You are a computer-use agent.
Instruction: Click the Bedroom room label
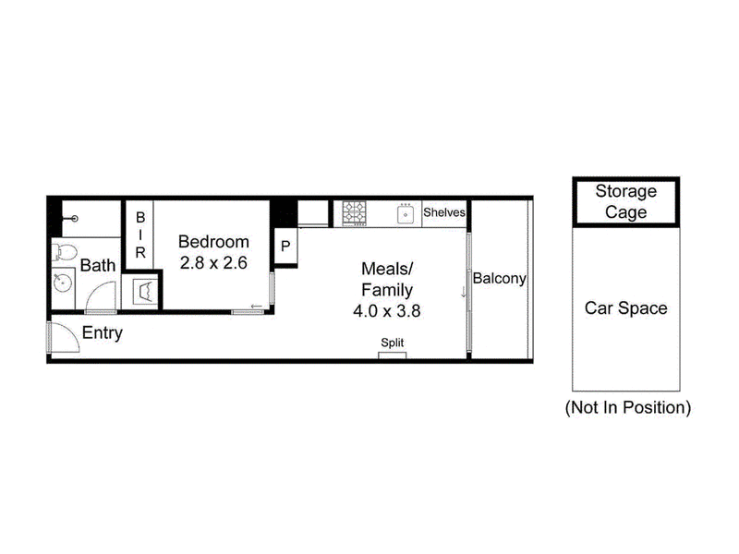(213, 241)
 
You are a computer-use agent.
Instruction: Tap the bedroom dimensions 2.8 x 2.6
(213, 261)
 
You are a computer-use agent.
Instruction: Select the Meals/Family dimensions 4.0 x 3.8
(387, 311)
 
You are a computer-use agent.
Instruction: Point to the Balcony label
(499, 278)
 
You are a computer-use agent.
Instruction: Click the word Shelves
(443, 212)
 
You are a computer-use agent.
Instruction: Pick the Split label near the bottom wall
(393, 343)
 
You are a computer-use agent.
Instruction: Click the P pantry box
(285, 247)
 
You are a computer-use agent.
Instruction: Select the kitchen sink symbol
(405, 213)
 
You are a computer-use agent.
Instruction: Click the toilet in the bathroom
(64, 251)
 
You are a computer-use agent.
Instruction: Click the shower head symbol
(74, 220)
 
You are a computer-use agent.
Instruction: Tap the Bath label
(97, 266)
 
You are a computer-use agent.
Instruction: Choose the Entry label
(103, 333)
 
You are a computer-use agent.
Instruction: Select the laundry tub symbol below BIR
(146, 291)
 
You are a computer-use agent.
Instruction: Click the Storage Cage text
(625, 202)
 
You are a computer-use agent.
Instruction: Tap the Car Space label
(625, 308)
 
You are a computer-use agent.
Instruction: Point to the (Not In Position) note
(627, 407)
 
